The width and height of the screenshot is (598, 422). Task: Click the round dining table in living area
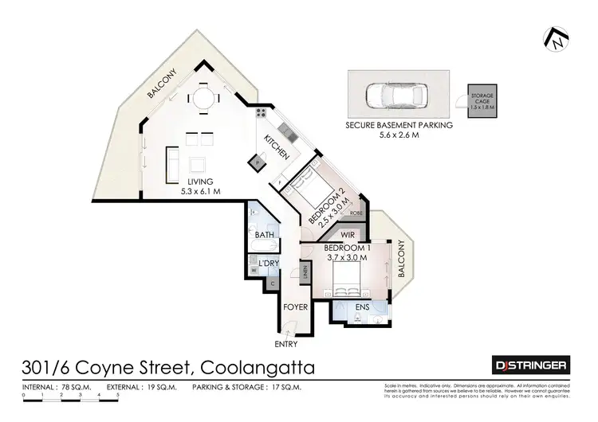(201, 99)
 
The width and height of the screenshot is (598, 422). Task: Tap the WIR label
(347, 236)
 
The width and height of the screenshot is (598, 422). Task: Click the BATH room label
(264, 235)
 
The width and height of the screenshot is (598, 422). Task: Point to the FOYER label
(296, 307)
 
